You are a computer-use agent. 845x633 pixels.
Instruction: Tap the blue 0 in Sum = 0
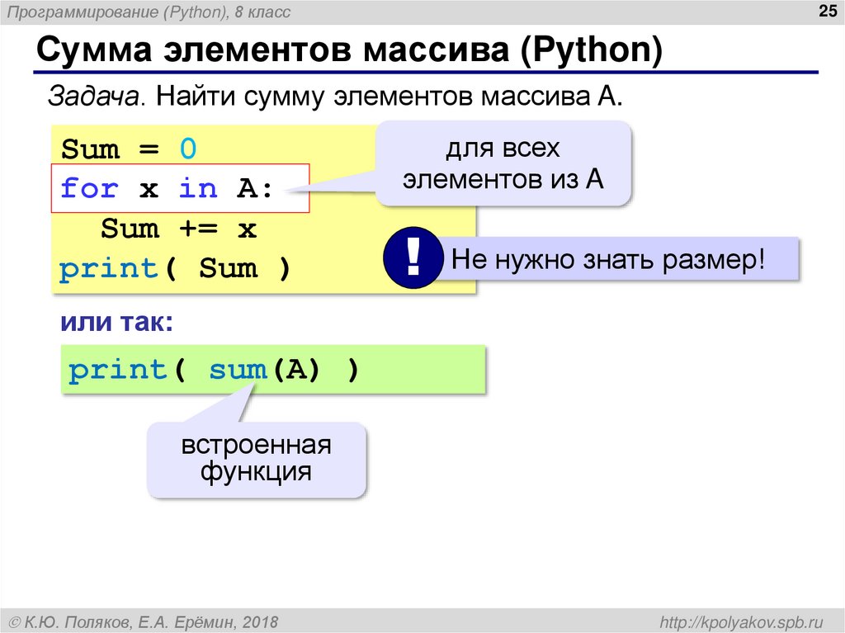pyautogui.click(x=188, y=149)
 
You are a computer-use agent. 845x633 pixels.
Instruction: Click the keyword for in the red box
pyautogui.click(x=89, y=189)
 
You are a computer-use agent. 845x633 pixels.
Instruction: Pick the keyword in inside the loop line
pyautogui.click(x=198, y=189)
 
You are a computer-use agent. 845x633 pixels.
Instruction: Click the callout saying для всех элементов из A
pyautogui.click(x=503, y=163)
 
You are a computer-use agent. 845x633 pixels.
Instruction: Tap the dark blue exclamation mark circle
pyautogui.click(x=413, y=260)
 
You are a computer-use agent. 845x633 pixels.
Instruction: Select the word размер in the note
pyautogui.click(x=711, y=260)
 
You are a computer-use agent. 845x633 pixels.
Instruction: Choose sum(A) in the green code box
pyautogui.click(x=264, y=370)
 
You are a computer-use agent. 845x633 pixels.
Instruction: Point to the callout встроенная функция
pyautogui.click(x=257, y=460)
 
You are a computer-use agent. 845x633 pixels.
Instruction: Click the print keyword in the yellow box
pyautogui.click(x=108, y=268)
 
